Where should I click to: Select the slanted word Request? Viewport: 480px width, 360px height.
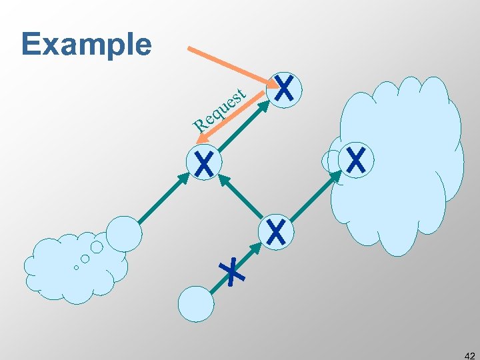[x=221, y=107]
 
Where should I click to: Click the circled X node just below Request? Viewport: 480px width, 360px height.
[x=204, y=163]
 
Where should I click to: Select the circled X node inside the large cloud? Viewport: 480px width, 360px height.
[x=357, y=160]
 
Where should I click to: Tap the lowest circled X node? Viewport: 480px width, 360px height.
[x=276, y=232]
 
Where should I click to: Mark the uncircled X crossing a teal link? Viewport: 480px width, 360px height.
[x=232, y=271]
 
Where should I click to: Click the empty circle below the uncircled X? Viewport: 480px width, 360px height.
[x=196, y=305]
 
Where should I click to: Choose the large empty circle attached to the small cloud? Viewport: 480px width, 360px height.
[x=124, y=234]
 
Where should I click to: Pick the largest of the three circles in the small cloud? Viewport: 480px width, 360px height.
[x=97, y=247]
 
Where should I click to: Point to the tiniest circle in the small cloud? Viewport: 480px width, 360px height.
[x=76, y=267]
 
